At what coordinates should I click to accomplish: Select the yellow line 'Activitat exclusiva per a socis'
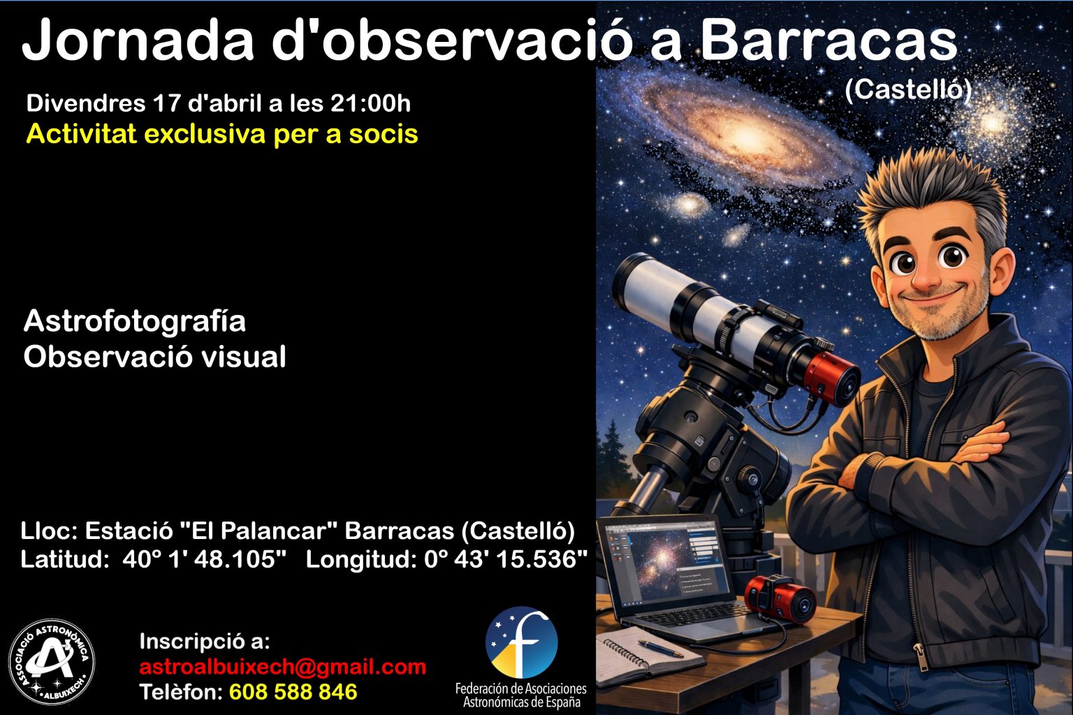(222, 134)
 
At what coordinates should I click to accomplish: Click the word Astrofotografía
(135, 321)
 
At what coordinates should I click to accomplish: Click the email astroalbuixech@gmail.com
(283, 667)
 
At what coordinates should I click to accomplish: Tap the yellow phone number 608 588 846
(293, 692)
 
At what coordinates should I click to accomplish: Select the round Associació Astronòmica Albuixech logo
(52, 662)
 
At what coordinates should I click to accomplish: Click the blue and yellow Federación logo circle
(522, 642)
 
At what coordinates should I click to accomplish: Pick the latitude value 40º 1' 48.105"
(205, 559)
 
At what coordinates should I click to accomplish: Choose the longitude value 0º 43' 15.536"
(506, 559)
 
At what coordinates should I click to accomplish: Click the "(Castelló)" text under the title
(908, 89)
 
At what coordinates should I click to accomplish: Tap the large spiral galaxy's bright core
(746, 138)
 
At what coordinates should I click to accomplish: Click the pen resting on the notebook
(660, 648)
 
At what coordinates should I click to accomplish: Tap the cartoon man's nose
(925, 275)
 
